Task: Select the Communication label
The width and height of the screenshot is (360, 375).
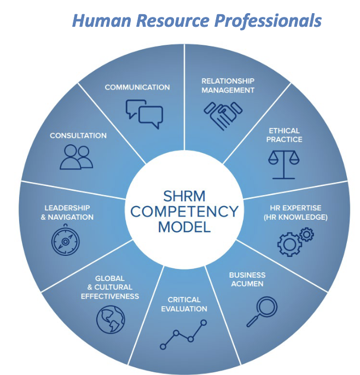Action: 137,87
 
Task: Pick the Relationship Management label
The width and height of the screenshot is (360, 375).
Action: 228,85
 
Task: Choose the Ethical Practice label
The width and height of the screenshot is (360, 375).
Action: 284,135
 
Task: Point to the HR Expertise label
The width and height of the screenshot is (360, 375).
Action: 299,213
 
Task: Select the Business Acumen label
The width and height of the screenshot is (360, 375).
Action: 247,279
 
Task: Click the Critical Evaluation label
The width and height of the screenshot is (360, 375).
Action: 184,304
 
